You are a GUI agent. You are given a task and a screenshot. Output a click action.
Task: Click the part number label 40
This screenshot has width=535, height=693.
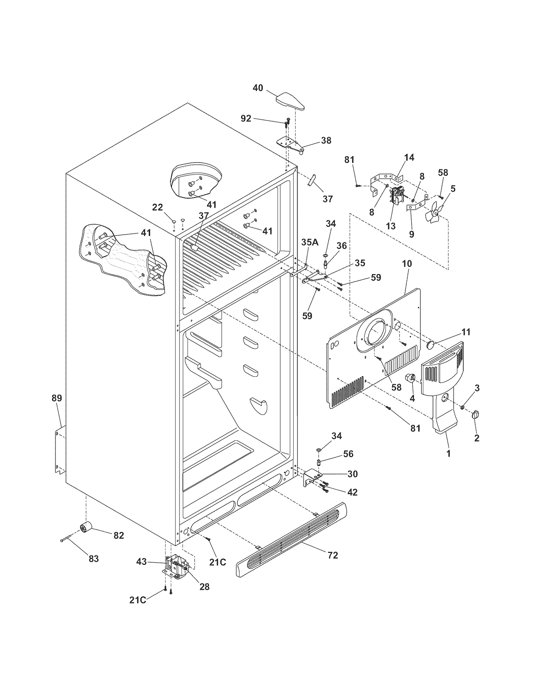click(x=258, y=88)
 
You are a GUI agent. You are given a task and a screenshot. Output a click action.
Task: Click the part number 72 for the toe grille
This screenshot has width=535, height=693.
click(x=333, y=555)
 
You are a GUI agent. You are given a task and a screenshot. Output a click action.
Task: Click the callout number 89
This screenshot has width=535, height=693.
click(x=57, y=398)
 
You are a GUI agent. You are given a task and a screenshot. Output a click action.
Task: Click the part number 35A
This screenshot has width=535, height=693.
click(x=310, y=242)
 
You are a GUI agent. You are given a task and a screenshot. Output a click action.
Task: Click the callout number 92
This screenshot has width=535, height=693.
click(x=246, y=118)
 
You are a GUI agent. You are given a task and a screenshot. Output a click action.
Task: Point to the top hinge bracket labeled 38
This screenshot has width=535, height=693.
click(x=290, y=144)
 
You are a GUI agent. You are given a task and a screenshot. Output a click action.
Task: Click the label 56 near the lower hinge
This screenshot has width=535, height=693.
click(x=348, y=454)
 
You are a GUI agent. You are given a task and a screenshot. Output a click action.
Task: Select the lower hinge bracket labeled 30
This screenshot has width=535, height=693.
click(x=310, y=477)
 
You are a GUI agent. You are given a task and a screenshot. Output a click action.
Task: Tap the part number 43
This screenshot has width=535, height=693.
click(x=141, y=561)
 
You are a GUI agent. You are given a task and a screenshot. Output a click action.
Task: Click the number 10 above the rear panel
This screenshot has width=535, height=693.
click(x=407, y=263)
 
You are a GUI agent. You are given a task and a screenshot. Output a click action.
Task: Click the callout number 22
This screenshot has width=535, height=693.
click(x=157, y=207)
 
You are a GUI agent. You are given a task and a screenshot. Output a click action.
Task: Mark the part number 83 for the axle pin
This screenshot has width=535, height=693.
click(x=94, y=558)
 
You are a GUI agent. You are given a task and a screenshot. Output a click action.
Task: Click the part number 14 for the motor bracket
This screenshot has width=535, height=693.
click(x=409, y=157)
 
